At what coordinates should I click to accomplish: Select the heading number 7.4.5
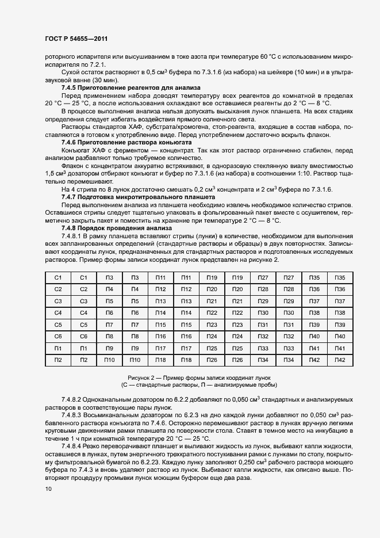[x=70, y=87]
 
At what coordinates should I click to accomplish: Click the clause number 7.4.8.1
[x=71, y=236]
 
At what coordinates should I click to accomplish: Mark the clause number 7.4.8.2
[x=71, y=399]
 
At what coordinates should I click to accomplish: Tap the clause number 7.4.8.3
[x=71, y=414]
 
